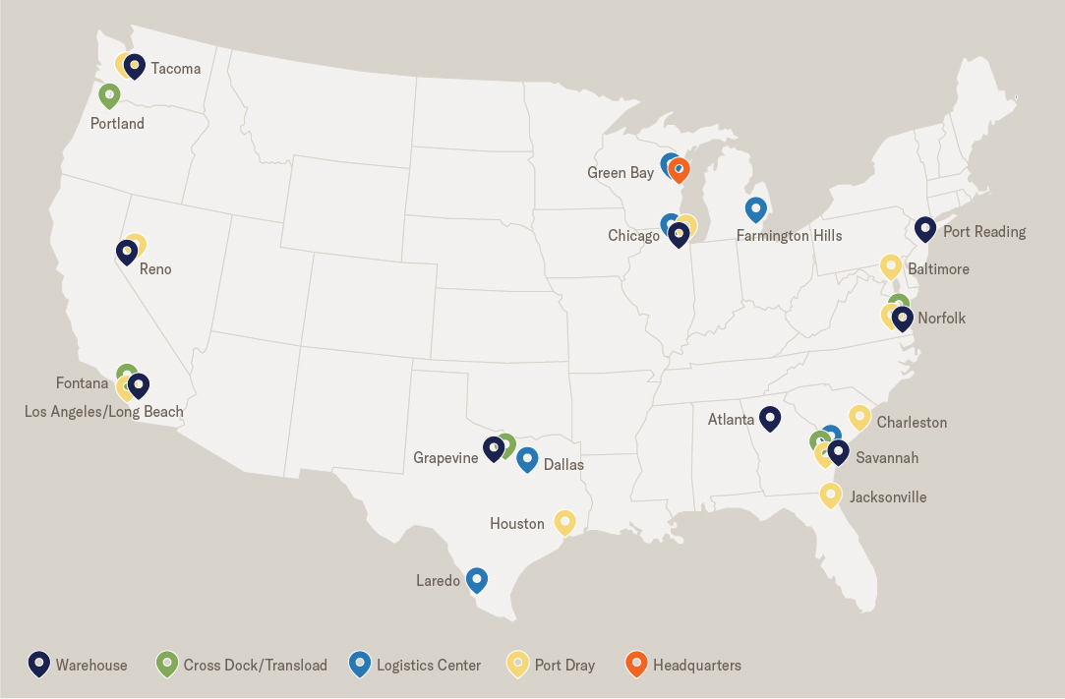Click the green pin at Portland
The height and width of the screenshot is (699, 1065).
(109, 95)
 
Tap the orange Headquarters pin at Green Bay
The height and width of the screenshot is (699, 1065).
(680, 170)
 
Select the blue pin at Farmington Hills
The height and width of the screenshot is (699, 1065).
(755, 208)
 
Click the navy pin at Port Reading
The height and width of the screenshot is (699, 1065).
(925, 228)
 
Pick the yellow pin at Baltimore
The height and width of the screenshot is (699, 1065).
(891, 265)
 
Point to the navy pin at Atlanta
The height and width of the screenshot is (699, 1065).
(770, 418)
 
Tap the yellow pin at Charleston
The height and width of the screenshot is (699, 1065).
(859, 417)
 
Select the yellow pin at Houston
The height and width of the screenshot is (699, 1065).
(564, 521)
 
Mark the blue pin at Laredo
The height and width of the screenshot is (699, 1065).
(477, 579)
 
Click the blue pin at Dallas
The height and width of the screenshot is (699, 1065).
(527, 458)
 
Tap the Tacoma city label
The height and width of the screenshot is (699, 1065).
(175, 69)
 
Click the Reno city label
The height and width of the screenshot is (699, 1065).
(155, 269)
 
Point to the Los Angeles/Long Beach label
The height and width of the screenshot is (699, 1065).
(104, 412)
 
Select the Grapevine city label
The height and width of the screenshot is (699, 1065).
(445, 458)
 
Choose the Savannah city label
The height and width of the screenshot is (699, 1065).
(887, 458)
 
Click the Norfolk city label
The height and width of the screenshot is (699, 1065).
(941, 319)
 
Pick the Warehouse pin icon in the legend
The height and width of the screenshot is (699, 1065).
(39, 664)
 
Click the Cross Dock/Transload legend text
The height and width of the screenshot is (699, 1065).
(255, 666)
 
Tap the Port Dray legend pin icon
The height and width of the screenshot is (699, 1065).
(518, 664)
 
